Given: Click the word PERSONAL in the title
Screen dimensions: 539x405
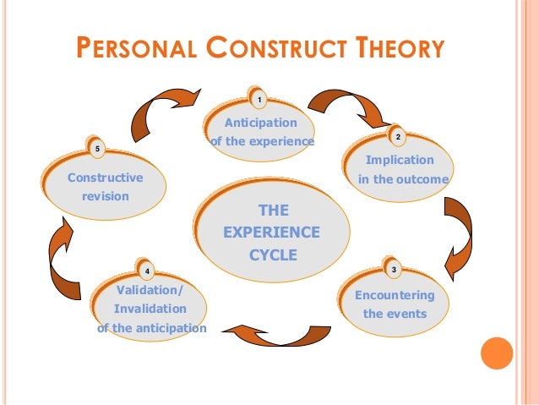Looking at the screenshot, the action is click(138, 48).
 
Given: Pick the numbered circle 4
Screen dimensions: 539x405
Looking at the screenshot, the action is click(148, 271).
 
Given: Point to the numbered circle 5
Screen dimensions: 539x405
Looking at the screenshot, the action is click(98, 150).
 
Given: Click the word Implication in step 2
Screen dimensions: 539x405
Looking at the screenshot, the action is click(400, 160).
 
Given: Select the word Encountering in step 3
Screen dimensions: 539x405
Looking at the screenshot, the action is click(395, 295).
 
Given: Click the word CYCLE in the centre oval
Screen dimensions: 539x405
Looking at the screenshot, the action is click(273, 252).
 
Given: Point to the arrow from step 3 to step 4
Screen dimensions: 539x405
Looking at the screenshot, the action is click(270, 332).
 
